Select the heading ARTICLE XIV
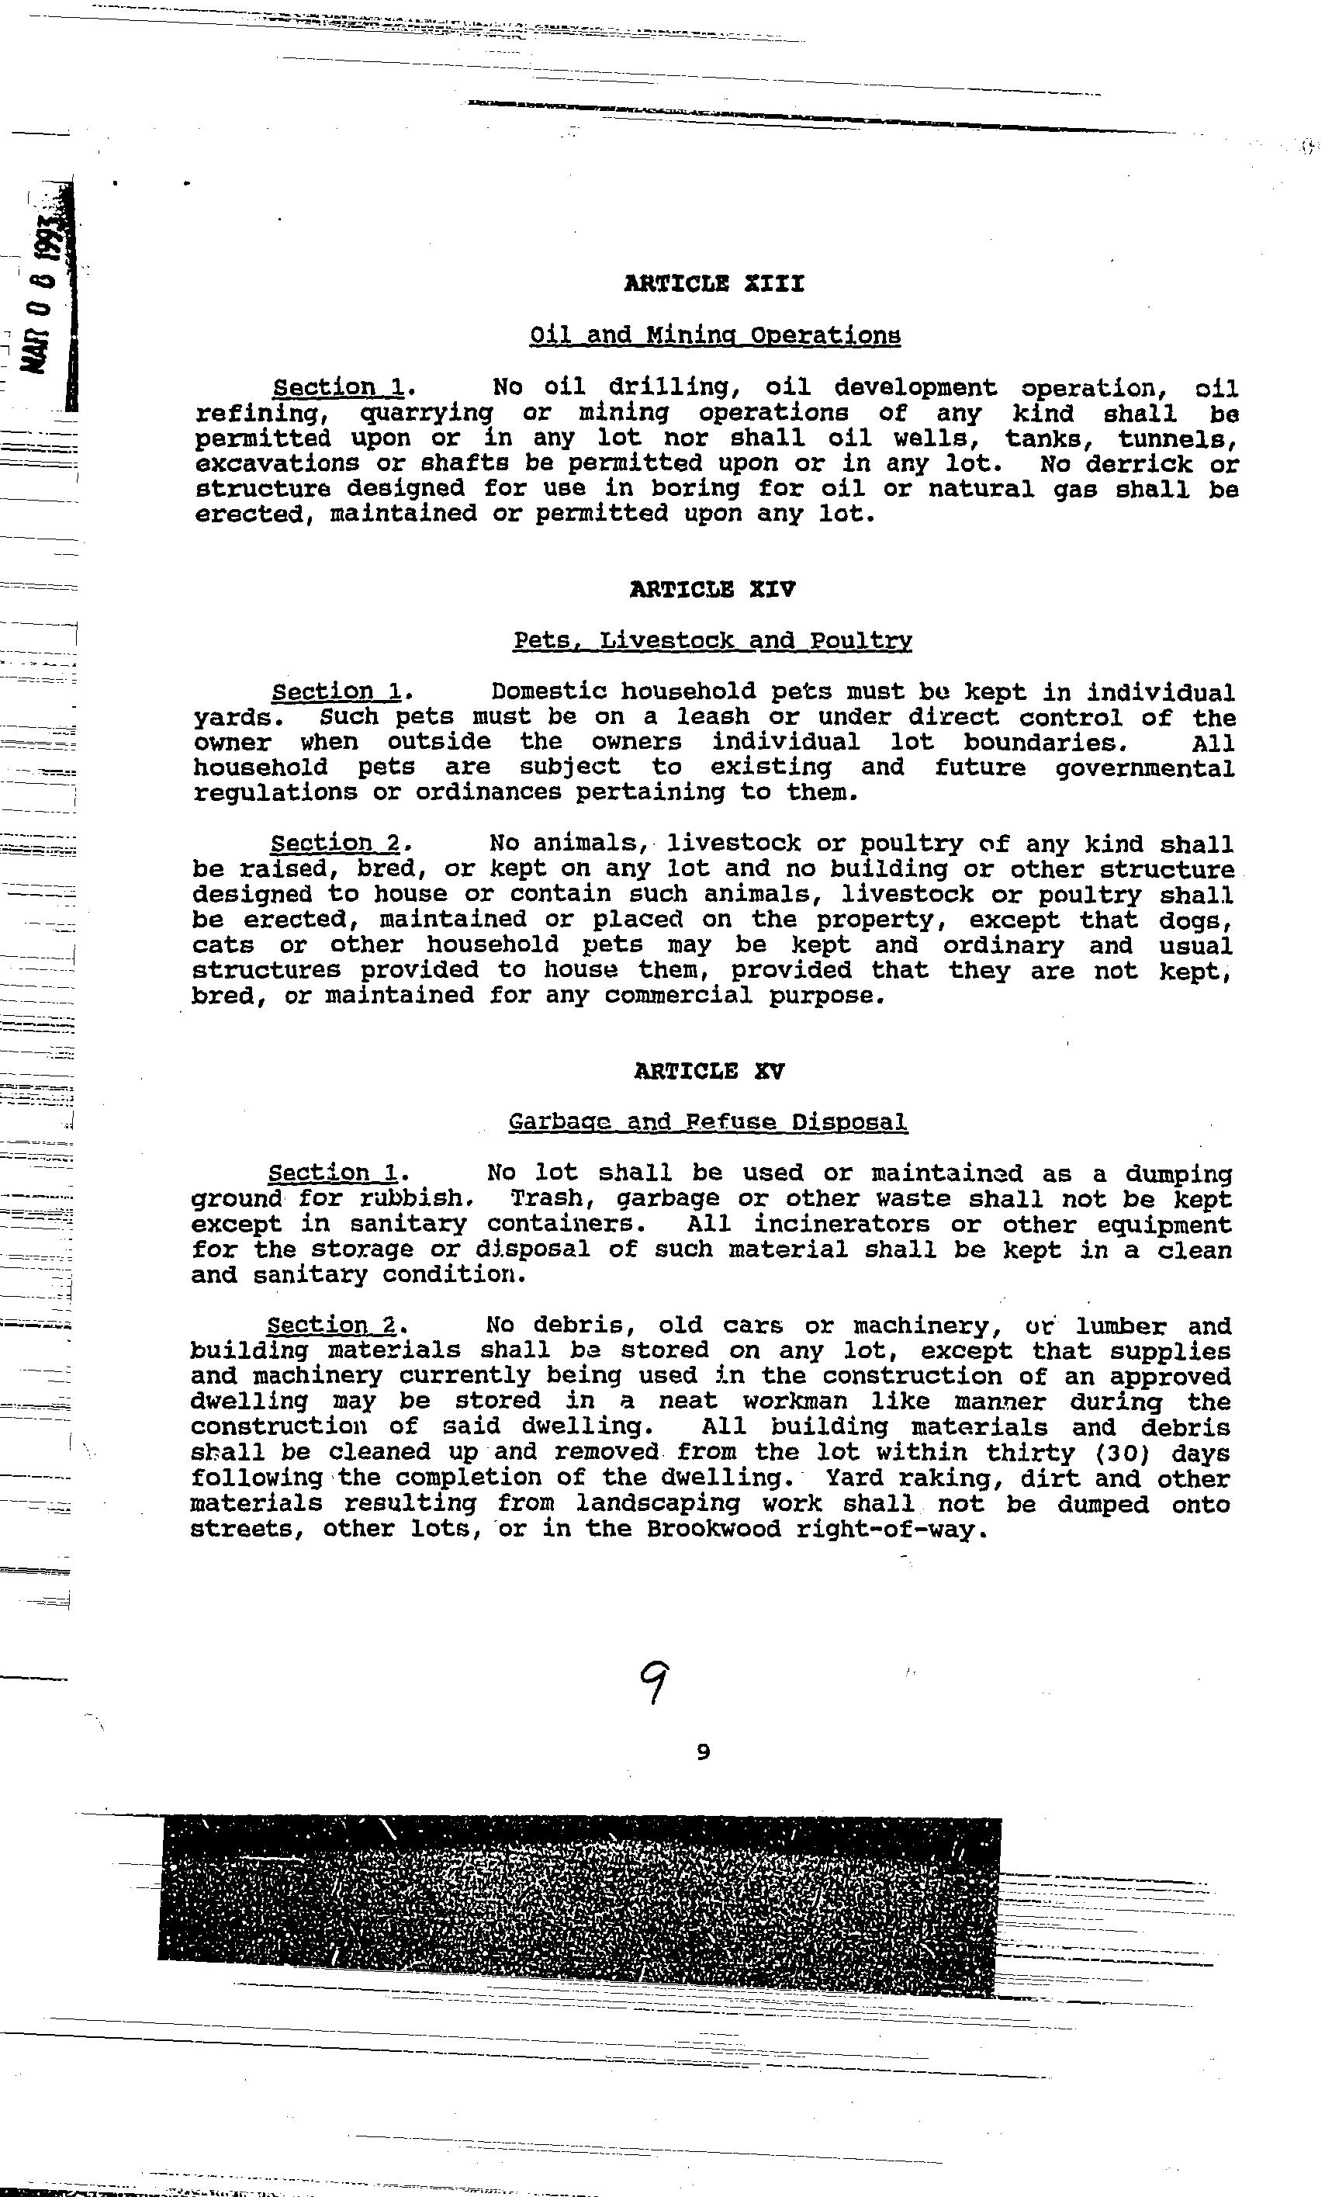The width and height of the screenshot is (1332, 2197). [712, 589]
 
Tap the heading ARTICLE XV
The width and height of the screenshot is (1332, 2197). [710, 1071]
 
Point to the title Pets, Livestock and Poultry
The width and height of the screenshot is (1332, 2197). [712, 640]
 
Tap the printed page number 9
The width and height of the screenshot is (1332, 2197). [703, 1752]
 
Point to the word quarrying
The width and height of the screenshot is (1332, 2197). [426, 413]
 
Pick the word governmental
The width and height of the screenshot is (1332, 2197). [1145, 768]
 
